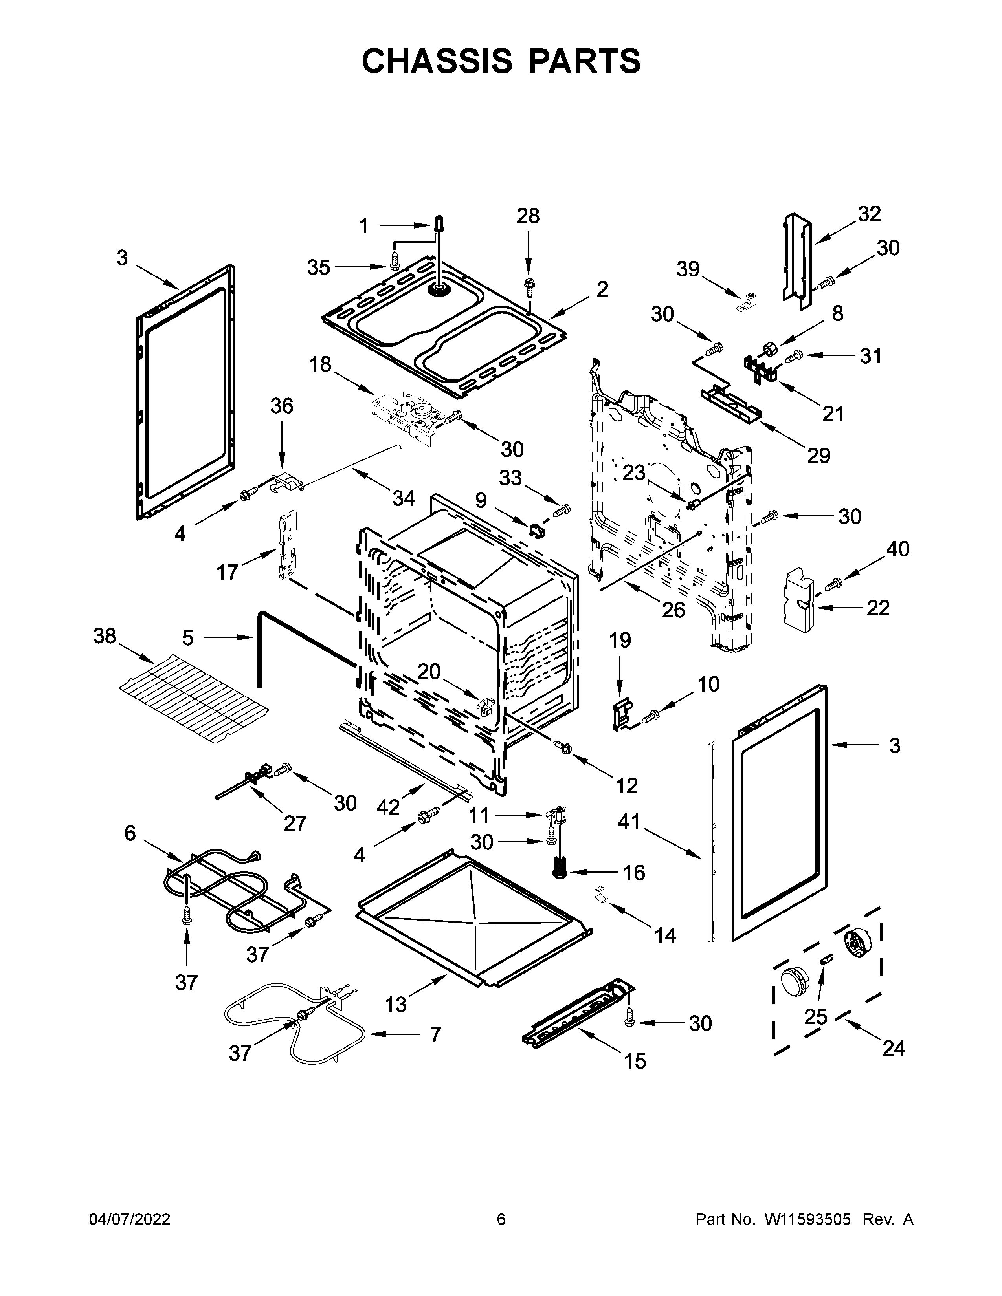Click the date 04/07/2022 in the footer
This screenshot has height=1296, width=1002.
click(x=129, y=1219)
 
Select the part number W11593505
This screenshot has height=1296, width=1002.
click(x=807, y=1219)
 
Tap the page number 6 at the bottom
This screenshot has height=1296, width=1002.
click(x=501, y=1219)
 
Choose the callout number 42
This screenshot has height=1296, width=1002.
click(x=388, y=807)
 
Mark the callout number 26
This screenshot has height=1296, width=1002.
click(x=673, y=610)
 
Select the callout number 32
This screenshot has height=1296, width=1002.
click(x=869, y=214)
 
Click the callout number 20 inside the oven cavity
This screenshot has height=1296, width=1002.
click(x=429, y=672)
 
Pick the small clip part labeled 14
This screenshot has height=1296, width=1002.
click(x=602, y=911)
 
